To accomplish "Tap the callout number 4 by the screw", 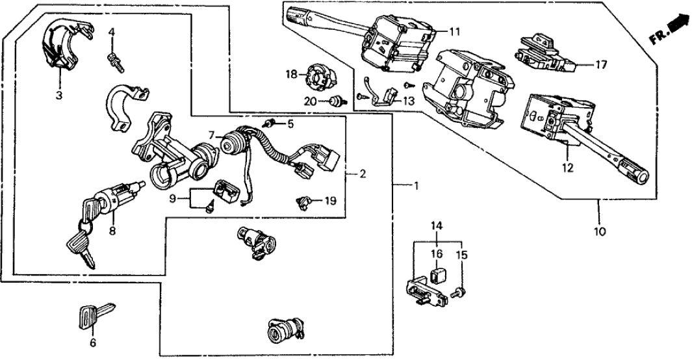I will click(112, 31).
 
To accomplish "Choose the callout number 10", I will click(598, 231).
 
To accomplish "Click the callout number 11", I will click(454, 31).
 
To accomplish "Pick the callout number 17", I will click(601, 64).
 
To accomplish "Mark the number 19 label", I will click(331, 201).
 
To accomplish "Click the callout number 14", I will click(437, 226).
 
